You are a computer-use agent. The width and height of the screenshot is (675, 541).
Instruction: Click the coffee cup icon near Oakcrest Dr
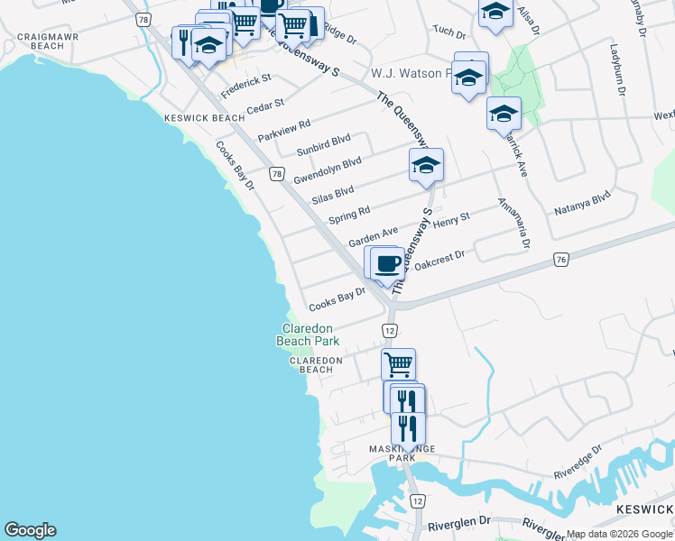coord(387,262)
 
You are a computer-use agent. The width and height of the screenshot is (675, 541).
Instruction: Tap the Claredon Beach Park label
coord(309,335)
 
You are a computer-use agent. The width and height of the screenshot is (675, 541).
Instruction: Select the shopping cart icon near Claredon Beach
coord(399,364)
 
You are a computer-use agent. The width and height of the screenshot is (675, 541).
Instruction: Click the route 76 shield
coord(561,260)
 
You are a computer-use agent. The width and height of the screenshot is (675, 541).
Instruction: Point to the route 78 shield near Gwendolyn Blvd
coord(276,173)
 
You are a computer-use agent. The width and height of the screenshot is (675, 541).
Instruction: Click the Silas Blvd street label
coord(332,194)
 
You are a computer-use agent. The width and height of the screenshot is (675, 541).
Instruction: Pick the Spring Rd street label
coord(349,215)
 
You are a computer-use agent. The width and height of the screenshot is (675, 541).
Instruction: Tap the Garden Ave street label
coord(374,236)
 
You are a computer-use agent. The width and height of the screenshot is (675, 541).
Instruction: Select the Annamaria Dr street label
coord(512,223)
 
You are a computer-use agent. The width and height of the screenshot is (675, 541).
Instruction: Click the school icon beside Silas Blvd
coord(426,165)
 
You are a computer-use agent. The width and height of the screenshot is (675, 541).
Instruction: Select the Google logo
coord(30,530)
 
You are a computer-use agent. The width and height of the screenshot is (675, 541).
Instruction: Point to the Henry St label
coord(452,219)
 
